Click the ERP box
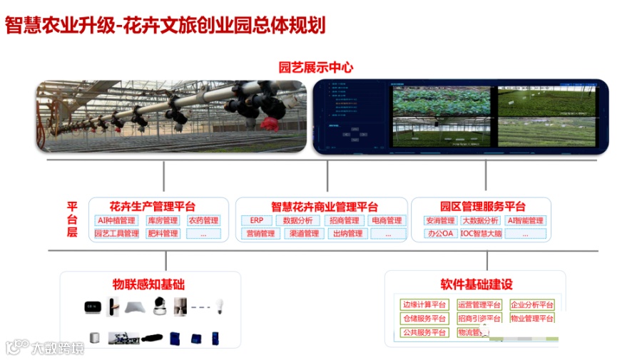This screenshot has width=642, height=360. pyautogui.click(x=257, y=221)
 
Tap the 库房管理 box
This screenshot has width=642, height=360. pyautogui.click(x=163, y=221)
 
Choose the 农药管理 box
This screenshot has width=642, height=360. pyautogui.click(x=204, y=221)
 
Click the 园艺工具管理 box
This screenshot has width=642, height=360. pyautogui.click(x=116, y=234)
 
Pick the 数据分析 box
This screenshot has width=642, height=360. pyautogui.click(x=297, y=221)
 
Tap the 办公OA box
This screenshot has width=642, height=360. pyautogui.click(x=439, y=234)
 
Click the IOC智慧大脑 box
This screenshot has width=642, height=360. pyautogui.click(x=481, y=234)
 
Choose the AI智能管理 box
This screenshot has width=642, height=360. pyautogui.click(x=525, y=221)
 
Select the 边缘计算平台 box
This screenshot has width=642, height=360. pyautogui.click(x=424, y=305)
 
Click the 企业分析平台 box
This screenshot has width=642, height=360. pyautogui.click(x=532, y=305)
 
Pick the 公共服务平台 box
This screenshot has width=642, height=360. pyautogui.click(x=424, y=332)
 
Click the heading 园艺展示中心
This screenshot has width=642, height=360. pyautogui.click(x=316, y=68)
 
